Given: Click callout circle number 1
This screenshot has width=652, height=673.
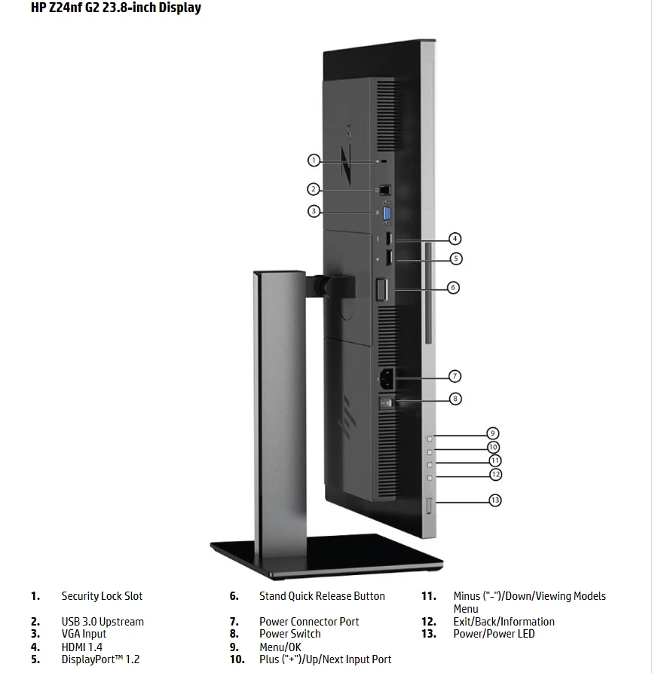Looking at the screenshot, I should (x=314, y=160).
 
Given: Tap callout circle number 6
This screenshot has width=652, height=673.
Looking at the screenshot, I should (x=453, y=287).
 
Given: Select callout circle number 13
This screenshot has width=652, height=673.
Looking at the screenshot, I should (x=495, y=500).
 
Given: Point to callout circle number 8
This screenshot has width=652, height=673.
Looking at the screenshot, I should (x=455, y=399).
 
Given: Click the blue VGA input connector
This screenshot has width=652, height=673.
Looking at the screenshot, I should (x=387, y=214).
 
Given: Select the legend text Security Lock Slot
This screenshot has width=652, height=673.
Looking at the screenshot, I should (x=102, y=596).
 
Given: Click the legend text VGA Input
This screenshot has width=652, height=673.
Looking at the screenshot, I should (x=84, y=634).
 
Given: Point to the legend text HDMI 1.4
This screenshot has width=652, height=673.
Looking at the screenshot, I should (x=82, y=647).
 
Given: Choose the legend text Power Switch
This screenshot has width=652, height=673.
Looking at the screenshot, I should (x=290, y=634).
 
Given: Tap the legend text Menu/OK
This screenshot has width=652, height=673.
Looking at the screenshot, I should (x=280, y=647).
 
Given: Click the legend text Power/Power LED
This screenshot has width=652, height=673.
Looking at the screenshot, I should (x=494, y=634).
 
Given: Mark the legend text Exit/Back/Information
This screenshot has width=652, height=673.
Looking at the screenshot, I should (x=504, y=622).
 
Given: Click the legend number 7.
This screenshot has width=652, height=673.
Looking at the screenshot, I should (x=234, y=622).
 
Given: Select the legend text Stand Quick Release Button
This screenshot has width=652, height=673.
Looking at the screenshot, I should (x=322, y=596).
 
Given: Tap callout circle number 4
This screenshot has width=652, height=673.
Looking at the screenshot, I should (x=455, y=239).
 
